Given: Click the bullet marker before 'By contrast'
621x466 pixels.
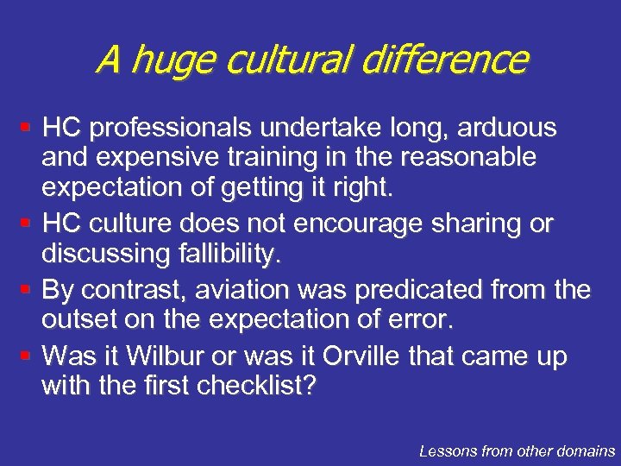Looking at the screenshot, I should coord(27,287).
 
